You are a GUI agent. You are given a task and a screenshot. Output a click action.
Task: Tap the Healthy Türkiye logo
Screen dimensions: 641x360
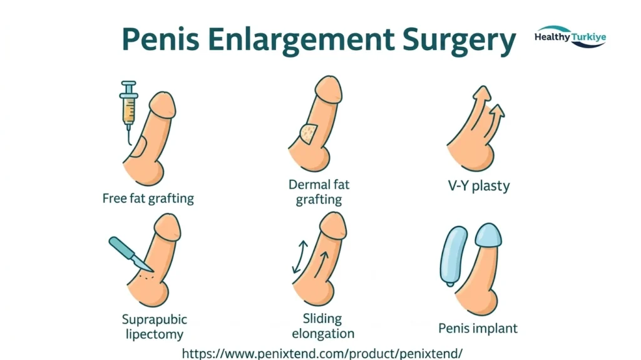coord(570,37)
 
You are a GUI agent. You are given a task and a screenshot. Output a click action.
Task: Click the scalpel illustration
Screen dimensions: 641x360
coord(131,254)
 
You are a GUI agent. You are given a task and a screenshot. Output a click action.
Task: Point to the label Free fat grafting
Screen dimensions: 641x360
coord(148,198)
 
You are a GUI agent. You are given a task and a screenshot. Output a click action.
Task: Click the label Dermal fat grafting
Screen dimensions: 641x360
coord(319,192)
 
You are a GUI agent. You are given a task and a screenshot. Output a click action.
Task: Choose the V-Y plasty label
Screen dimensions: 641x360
coord(479,186)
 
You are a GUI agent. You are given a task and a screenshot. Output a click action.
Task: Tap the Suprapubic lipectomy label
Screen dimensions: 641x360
coord(155,326)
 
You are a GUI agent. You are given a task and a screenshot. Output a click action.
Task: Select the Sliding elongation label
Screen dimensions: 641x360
coord(323,326)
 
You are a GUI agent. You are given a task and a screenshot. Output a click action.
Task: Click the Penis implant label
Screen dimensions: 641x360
coord(478,328)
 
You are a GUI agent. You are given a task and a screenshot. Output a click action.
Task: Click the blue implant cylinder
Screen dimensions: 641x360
coord(453,256)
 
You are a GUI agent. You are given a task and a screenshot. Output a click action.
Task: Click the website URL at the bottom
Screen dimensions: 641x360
coord(322,353)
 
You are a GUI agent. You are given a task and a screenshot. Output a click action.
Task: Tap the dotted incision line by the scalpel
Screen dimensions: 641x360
coord(146,277)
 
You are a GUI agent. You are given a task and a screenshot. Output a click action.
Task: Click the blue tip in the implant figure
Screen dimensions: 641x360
coord(488,235)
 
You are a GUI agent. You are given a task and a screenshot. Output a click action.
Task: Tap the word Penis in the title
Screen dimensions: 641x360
coord(161,39)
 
